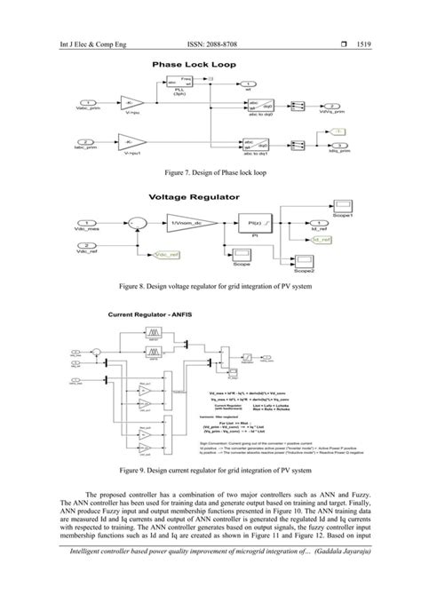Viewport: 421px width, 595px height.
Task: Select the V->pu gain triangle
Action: click(x=131, y=104)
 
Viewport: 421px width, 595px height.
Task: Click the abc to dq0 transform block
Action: click(x=234, y=107)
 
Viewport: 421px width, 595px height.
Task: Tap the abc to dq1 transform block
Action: click(x=234, y=139)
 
